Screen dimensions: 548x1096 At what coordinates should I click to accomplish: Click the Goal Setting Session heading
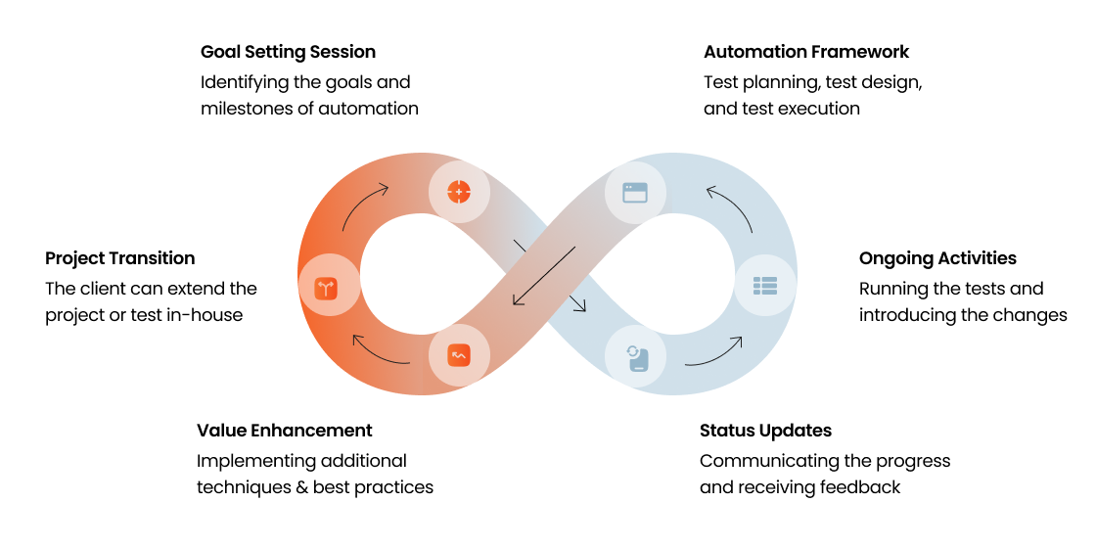point(288,52)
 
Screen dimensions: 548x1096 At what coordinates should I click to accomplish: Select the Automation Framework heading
point(806,52)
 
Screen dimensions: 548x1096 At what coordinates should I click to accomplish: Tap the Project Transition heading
point(119,258)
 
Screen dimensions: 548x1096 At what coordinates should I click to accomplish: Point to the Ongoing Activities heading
point(937,258)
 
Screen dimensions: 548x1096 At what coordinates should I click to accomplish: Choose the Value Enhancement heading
point(284,431)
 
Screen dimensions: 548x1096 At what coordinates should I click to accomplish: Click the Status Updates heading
point(765,431)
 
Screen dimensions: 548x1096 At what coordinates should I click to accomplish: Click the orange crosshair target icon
point(459,190)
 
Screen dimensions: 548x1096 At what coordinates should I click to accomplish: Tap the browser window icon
point(635,190)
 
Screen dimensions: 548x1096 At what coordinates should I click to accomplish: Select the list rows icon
point(764,286)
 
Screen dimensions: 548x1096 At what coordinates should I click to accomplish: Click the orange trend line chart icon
point(459,355)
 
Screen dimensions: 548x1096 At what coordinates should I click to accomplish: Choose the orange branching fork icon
point(327,288)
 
